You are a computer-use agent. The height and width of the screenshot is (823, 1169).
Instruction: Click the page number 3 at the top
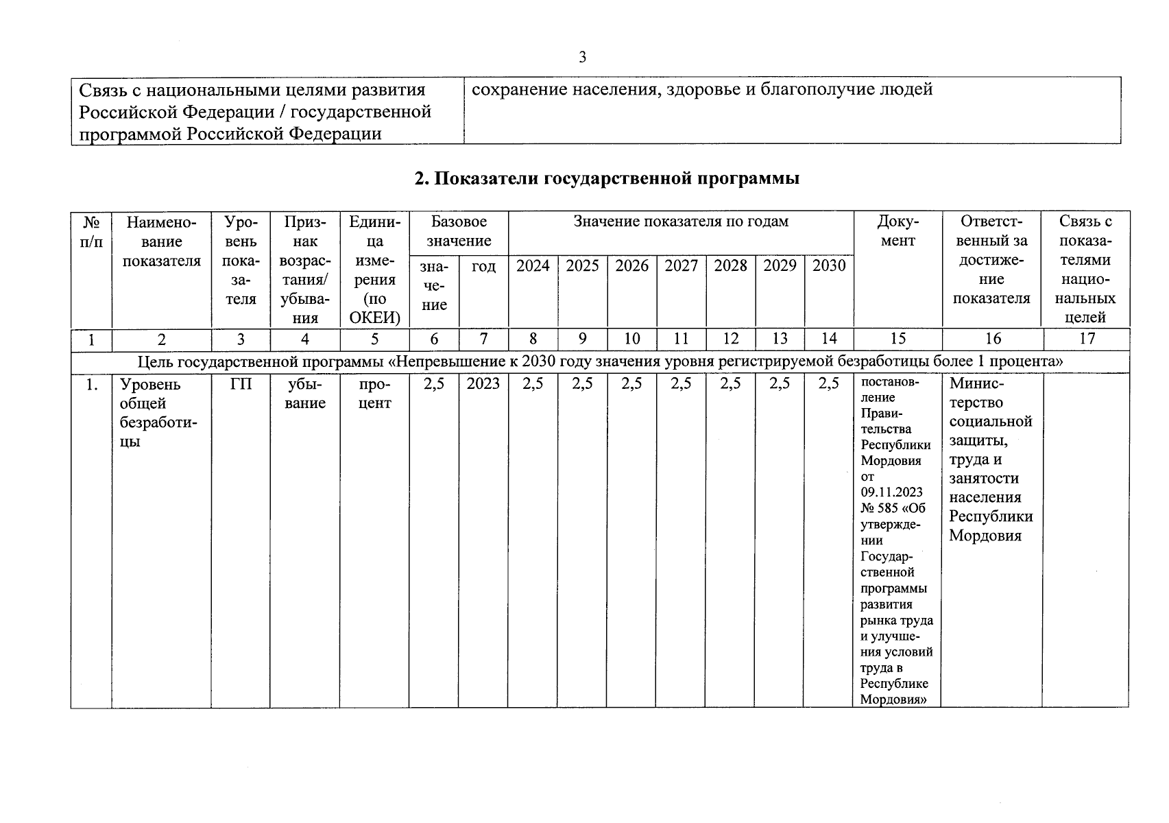coord(582,57)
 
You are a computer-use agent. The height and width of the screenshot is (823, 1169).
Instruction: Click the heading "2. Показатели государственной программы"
coord(607,179)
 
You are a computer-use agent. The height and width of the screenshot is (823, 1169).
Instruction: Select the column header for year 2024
coord(533,266)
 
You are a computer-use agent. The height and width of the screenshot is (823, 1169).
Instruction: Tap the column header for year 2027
coord(681,266)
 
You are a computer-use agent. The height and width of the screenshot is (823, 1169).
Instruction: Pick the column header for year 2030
coord(829,266)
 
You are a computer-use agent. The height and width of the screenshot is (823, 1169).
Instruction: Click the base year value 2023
coord(483,384)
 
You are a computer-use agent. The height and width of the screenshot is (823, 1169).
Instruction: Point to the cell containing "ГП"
coord(241,384)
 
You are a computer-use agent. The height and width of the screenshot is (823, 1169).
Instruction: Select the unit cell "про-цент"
coord(374,394)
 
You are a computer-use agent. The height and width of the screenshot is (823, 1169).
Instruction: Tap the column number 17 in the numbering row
coord(1087,338)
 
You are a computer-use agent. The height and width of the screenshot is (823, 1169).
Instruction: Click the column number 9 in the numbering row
coord(582,338)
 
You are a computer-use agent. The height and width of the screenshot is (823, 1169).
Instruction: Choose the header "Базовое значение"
coord(459,231)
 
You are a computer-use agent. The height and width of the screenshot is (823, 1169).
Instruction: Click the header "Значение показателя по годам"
coord(681,222)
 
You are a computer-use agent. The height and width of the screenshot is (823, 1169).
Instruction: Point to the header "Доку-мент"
coord(897,231)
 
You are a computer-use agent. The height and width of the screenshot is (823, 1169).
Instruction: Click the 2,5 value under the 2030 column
coord(829,384)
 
